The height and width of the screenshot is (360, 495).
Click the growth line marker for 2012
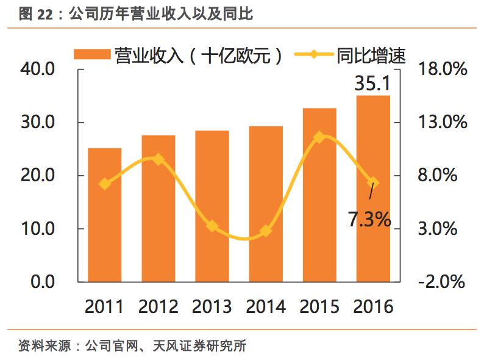click(158, 160)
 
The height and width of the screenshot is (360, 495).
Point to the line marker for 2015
click(319, 137)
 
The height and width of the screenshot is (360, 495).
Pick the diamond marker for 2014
click(265, 231)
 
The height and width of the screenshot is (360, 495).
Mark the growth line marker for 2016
click(372, 182)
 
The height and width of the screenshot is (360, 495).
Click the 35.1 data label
click(372, 84)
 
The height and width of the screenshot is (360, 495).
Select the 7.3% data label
click(369, 218)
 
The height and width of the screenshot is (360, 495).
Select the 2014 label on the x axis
click(265, 306)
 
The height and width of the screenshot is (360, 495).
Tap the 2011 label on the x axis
click(105, 306)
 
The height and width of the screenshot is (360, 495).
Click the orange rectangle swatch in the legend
click(92, 54)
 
